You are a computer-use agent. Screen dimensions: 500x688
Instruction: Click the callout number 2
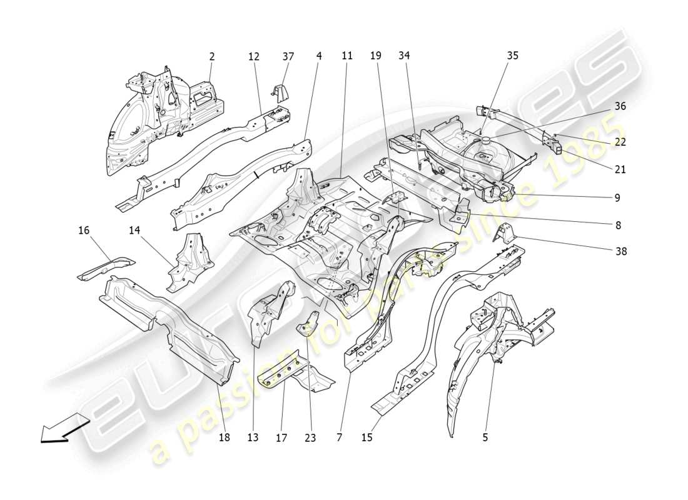point(212,56)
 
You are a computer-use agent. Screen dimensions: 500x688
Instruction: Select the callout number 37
point(288,56)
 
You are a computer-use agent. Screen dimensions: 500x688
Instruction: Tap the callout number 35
point(512,56)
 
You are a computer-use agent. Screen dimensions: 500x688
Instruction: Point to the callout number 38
point(620,251)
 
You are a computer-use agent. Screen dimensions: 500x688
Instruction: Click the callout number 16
point(84,231)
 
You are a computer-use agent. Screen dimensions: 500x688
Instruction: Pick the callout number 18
point(224,437)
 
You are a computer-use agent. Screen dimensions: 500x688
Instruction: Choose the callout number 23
point(310,437)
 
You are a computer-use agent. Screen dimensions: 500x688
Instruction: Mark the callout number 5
point(485,437)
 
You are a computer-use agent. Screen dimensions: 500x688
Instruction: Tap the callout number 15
point(367,437)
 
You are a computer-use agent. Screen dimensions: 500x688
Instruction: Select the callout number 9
point(617,197)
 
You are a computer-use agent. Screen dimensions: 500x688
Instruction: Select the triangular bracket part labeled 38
point(505,236)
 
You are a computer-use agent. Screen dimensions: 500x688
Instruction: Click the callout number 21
point(620,169)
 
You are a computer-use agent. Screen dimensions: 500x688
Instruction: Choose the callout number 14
point(134,231)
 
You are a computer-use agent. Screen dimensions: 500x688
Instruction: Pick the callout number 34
point(404,56)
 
